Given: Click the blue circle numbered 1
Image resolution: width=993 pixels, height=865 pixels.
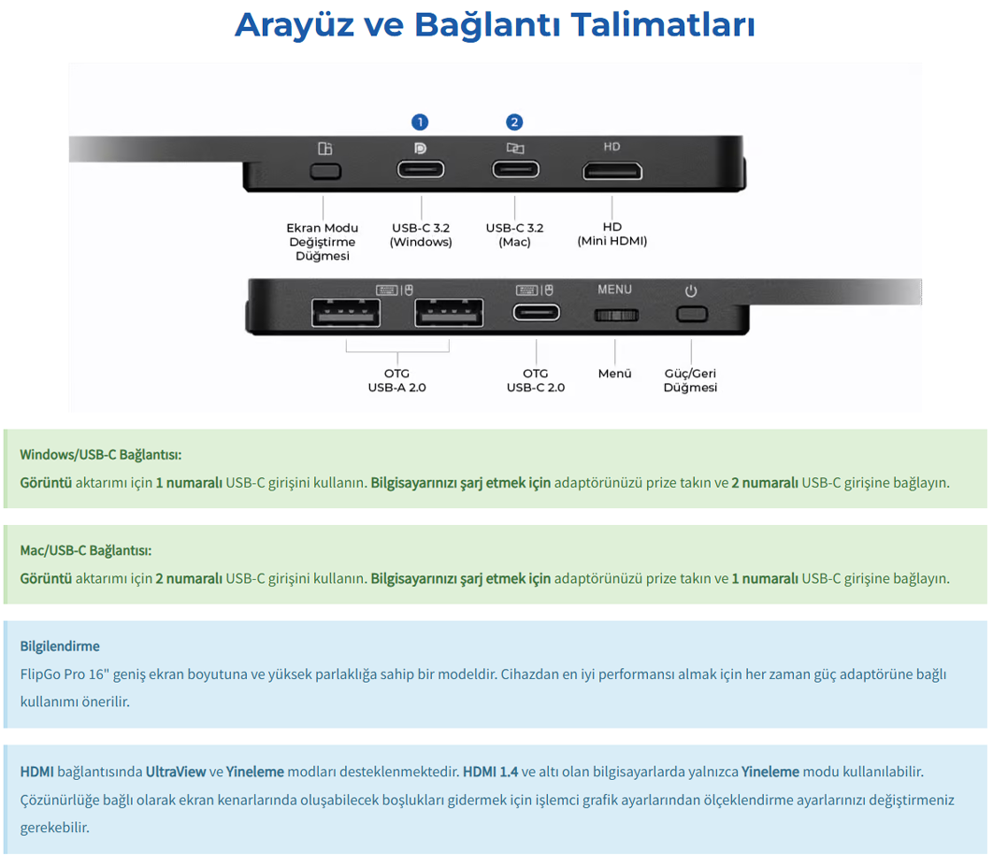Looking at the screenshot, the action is point(420,122).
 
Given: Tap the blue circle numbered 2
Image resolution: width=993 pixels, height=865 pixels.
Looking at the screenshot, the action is point(514,122).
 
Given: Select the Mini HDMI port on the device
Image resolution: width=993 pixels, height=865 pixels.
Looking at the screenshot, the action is point(612,172).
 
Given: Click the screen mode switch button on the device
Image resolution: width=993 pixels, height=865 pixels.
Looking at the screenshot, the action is point(325,172).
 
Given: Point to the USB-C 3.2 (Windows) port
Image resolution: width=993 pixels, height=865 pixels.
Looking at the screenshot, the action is point(421,170).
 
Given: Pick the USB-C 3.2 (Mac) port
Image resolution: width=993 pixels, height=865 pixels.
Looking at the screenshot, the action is point(515,170).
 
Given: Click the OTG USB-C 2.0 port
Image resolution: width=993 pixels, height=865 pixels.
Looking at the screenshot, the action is point(537,313).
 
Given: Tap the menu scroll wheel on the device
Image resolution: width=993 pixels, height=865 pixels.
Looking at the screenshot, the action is point(616,315).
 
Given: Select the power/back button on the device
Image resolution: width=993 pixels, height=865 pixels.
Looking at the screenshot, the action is point(692,314).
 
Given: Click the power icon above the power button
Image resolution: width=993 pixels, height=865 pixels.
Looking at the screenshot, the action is point(691,291).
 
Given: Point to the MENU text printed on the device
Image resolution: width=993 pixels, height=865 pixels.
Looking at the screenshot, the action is point(615,290).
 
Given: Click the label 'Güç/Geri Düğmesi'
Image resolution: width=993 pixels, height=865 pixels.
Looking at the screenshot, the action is point(690,380).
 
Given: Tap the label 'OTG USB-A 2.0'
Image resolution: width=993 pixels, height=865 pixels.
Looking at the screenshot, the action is point(397,380).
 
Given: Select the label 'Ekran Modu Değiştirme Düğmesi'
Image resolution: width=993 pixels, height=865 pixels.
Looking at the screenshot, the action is point(323,242).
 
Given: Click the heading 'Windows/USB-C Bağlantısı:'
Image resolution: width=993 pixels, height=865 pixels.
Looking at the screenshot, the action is point(101,455).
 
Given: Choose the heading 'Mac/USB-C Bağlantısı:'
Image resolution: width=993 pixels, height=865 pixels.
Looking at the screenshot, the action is point(86,550).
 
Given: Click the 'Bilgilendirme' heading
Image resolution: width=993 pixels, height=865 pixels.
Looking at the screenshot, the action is point(60,646).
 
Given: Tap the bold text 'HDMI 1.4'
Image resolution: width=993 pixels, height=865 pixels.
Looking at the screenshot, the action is point(490,772).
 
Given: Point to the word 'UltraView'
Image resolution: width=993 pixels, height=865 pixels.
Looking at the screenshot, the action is point(176,772).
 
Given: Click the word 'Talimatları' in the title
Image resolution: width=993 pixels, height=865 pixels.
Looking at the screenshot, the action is point(663,25).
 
